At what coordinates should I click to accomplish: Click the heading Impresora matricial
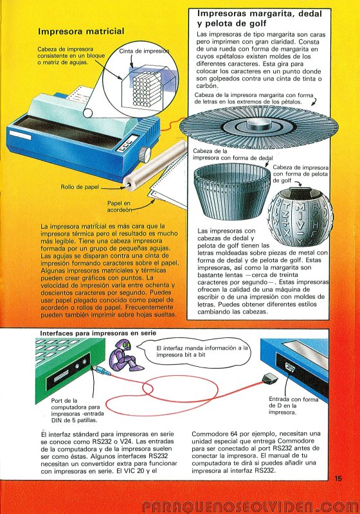pyautogui.click(x=81, y=31)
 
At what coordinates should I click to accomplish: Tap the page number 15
pyautogui.click(x=338, y=478)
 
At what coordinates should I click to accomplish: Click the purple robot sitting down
pyautogui.click(x=125, y=355)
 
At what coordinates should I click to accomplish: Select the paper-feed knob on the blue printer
pyautogui.click(x=145, y=155)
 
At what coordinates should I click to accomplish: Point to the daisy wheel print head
pyautogui.click(x=259, y=127)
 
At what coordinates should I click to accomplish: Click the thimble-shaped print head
pyautogui.click(x=232, y=191)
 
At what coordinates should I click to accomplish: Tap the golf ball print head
pyautogui.click(x=300, y=217)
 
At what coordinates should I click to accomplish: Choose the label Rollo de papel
pyautogui.click(x=80, y=187)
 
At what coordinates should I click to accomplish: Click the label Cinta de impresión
pyautogui.click(x=144, y=51)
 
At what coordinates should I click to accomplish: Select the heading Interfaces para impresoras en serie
pyautogui.click(x=98, y=333)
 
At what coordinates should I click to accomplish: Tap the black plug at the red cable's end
pyautogui.click(x=270, y=379)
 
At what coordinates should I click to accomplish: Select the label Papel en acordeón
pyautogui.click(x=119, y=206)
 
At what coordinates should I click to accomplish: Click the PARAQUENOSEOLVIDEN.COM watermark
pyautogui.click(x=249, y=506)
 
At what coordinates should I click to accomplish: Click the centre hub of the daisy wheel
pyautogui.click(x=259, y=124)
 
